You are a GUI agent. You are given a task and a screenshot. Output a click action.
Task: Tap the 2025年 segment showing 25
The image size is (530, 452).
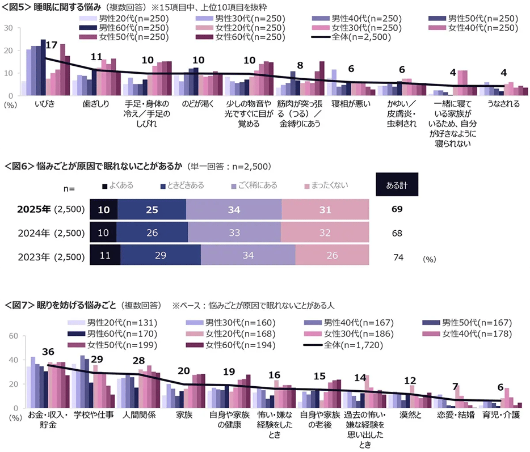tap(152, 209)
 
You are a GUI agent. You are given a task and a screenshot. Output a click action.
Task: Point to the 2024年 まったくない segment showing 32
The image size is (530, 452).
tap(324, 233)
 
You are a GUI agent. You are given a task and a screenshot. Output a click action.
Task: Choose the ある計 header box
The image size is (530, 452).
tap(396, 185)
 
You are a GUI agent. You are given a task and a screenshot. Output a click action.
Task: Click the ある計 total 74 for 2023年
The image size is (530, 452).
tap(397, 257)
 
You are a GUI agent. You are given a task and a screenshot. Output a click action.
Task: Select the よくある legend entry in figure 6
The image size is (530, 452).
tap(120, 185)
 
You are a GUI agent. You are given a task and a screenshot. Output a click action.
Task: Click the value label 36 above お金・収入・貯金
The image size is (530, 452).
tap(48, 352)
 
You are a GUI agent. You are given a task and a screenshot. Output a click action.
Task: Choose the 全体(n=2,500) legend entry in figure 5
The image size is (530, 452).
tap(347, 38)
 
